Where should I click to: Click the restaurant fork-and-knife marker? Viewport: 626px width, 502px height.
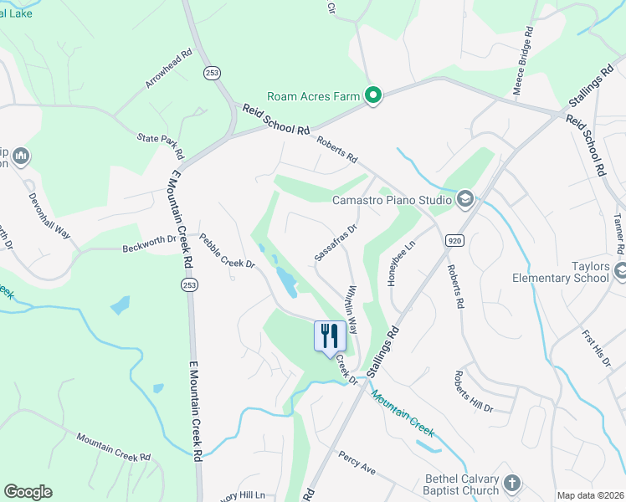pyautogui.click(x=329, y=336)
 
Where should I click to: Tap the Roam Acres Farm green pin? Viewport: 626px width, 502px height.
pyautogui.click(x=373, y=97)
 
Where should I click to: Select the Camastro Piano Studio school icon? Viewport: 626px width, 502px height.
pyautogui.click(x=464, y=199)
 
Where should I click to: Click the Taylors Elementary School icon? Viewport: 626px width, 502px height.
pyautogui.click(x=619, y=270)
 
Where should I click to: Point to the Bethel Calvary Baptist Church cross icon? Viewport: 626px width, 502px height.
pyautogui.click(x=511, y=483)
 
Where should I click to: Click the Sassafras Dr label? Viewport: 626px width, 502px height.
pyautogui.click(x=336, y=241)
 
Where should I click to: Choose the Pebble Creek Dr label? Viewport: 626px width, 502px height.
pyautogui.click(x=227, y=251)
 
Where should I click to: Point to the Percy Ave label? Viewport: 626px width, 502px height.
pyautogui.click(x=357, y=463)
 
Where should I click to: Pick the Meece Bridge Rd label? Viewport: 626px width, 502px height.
pyautogui.click(x=522, y=63)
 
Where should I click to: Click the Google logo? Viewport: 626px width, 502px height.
pyautogui.click(x=28, y=492)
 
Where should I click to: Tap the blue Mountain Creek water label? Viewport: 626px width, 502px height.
pyautogui.click(x=403, y=414)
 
